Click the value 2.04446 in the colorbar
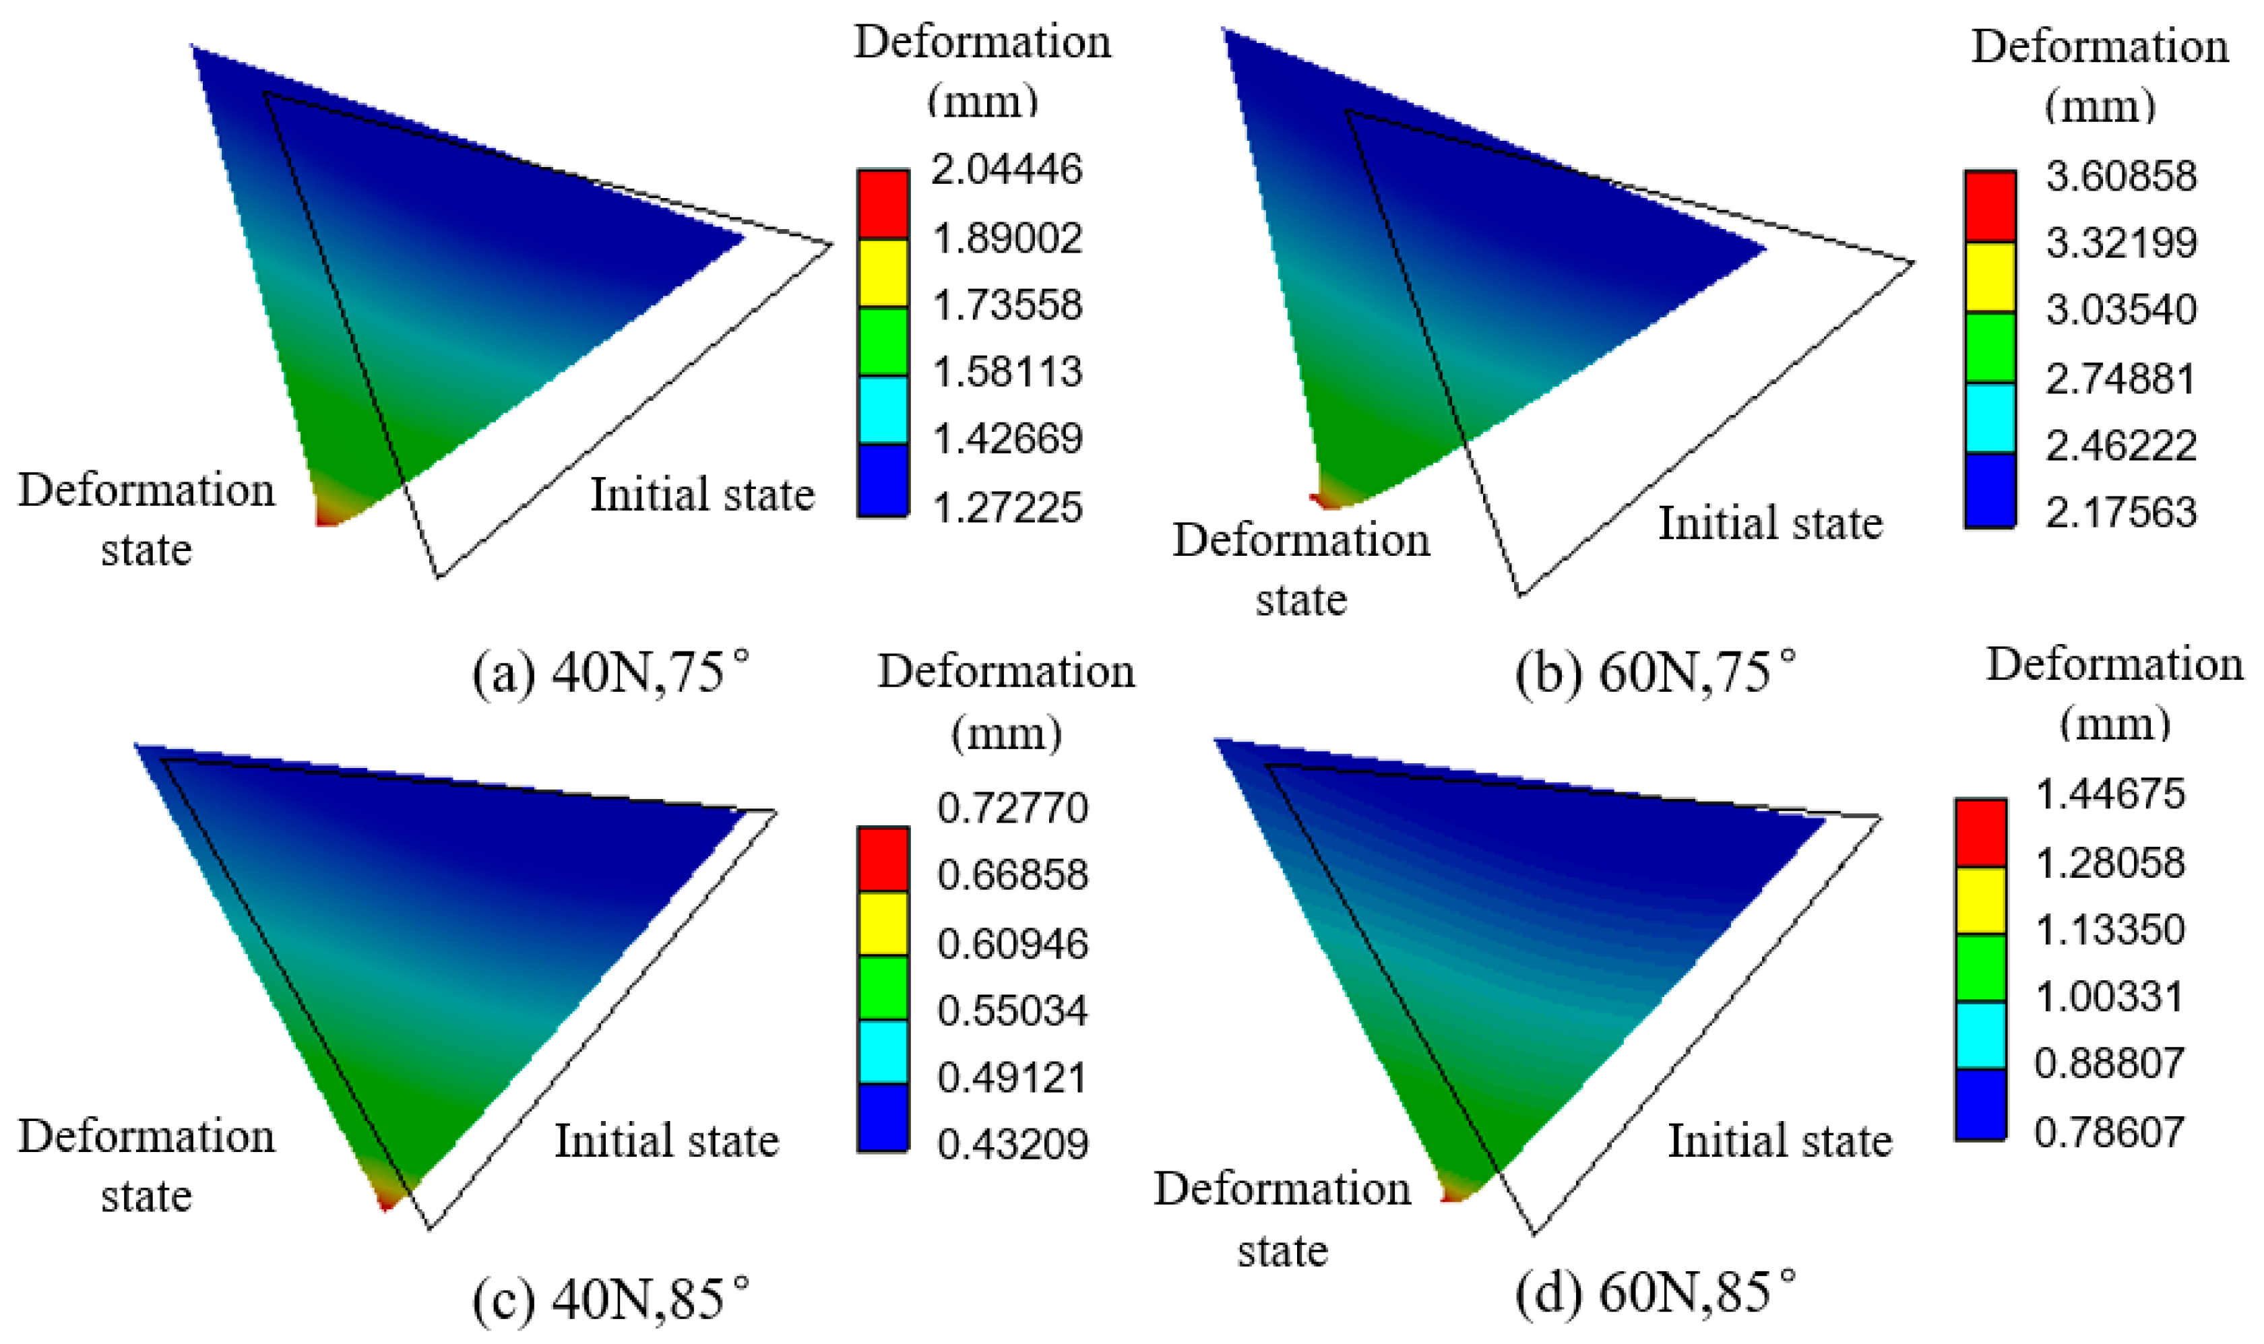coord(1006,169)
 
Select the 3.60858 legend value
coord(2121,176)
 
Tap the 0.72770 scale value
coord(1013,807)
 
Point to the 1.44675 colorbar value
coord(2110,794)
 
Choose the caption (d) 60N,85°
coord(1654,1291)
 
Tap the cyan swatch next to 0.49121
coord(883,1050)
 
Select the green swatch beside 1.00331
coord(1980,967)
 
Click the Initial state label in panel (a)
coord(702,494)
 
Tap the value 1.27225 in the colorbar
coord(1006,507)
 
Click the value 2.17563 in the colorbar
coord(2121,512)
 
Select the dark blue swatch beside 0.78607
coord(1980,1103)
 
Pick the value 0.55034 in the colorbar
coord(1013,1010)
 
